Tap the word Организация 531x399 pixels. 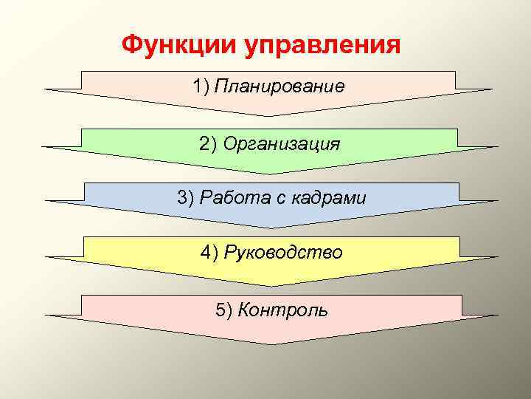pyautogui.click(x=281, y=143)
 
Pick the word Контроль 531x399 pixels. pyautogui.click(x=284, y=309)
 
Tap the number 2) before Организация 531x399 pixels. pyautogui.click(x=207, y=143)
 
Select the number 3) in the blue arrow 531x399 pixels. pyautogui.click(x=184, y=198)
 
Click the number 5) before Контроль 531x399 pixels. pyautogui.click(x=224, y=309)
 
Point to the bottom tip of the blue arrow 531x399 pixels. pyautogui.click(x=271, y=228)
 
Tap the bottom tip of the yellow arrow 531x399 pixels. pyautogui.click(x=271, y=286)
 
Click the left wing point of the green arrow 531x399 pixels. pyautogui.click(x=43, y=146)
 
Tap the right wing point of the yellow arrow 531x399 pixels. pyautogui.click(x=499, y=256)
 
